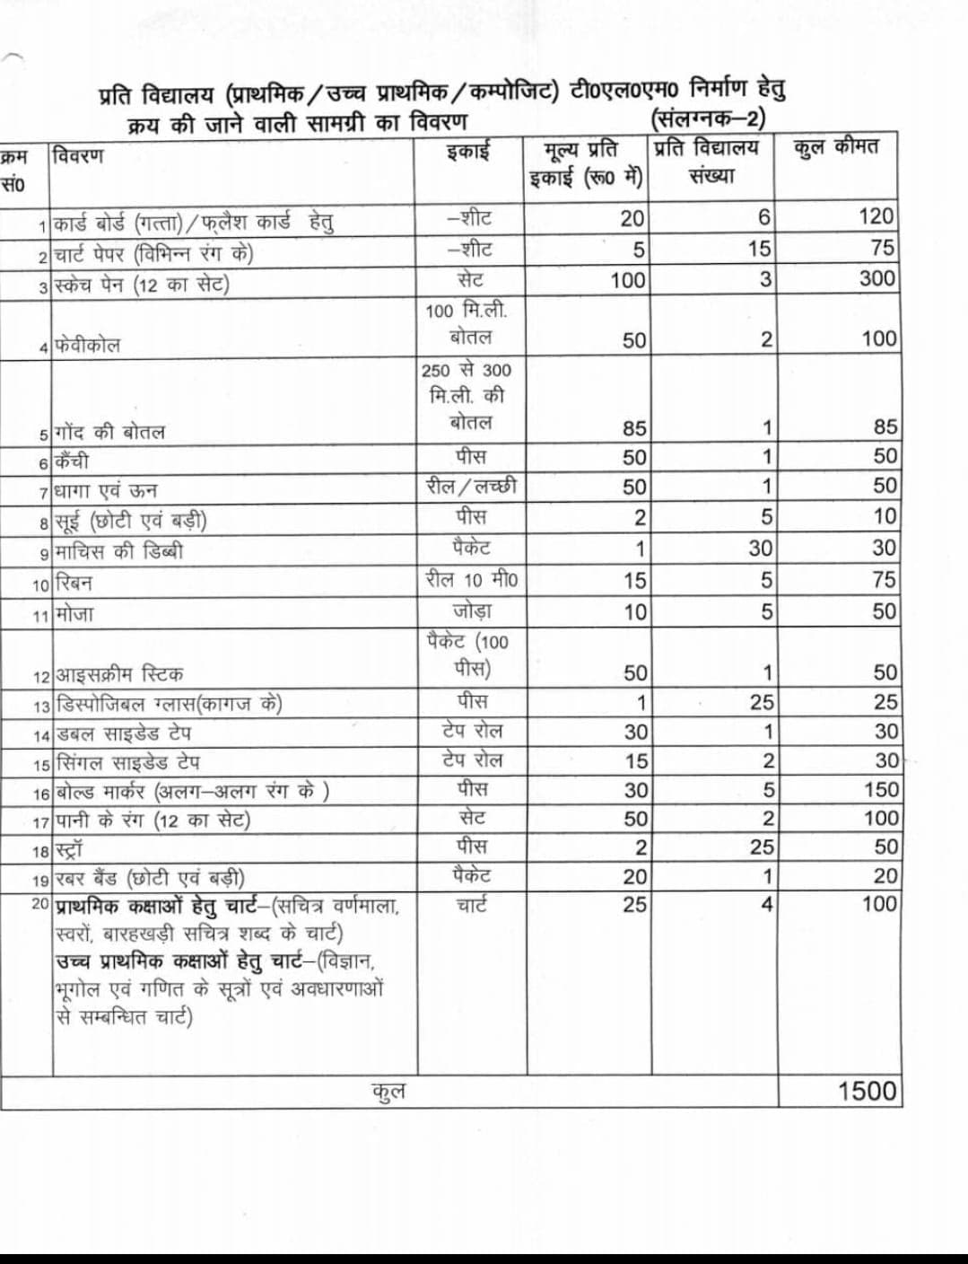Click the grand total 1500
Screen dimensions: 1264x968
click(867, 1091)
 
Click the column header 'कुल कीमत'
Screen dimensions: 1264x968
click(835, 147)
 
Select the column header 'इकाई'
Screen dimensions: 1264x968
click(468, 150)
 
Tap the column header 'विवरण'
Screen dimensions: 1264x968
click(78, 155)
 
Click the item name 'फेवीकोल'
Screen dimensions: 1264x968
click(87, 345)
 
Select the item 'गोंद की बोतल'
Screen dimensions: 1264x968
click(109, 432)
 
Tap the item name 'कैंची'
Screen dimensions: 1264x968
click(72, 461)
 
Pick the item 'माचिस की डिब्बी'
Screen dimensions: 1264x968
click(118, 550)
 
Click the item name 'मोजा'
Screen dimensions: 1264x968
click(74, 615)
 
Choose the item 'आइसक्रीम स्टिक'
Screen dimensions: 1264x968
click(119, 674)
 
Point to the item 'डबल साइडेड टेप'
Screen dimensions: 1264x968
click(124, 733)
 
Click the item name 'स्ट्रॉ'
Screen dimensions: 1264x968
click(69, 849)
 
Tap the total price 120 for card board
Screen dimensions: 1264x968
click(876, 216)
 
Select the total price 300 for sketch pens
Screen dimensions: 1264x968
click(876, 278)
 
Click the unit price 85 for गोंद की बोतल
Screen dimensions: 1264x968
click(634, 428)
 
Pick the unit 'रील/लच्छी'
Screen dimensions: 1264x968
click(471, 487)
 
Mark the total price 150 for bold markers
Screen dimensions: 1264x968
click(880, 789)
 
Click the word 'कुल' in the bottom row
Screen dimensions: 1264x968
click(388, 1091)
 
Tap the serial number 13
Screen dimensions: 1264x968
click(41, 707)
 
